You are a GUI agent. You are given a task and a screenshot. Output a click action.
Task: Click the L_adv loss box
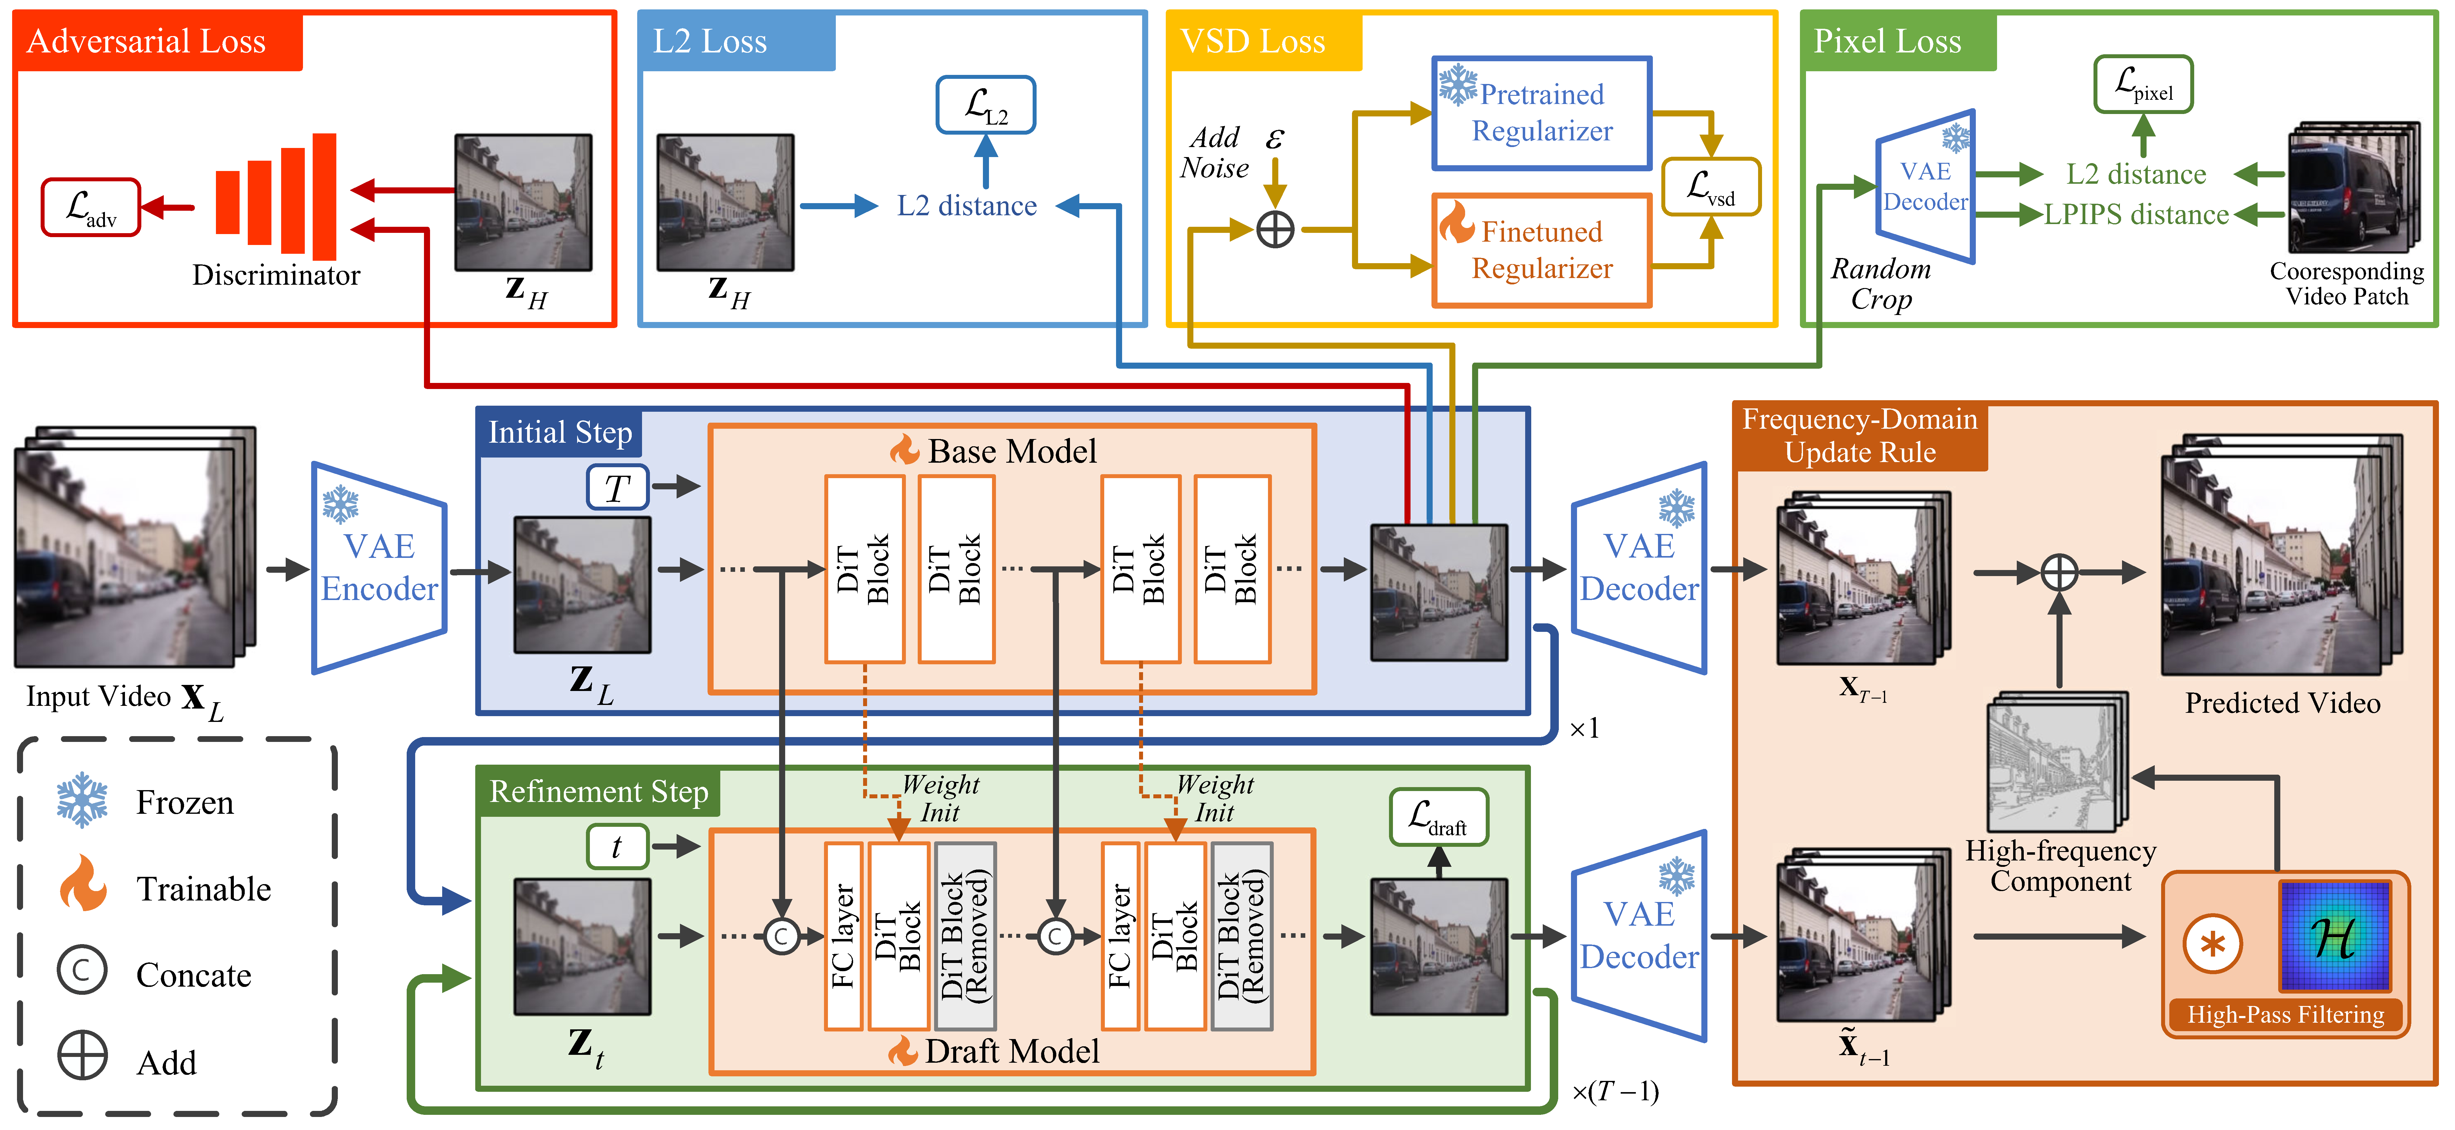91,207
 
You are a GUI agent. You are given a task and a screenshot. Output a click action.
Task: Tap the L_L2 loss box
985,105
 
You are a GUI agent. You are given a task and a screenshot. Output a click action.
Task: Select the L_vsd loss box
1711,187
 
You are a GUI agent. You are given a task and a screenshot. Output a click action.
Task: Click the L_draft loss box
1438,816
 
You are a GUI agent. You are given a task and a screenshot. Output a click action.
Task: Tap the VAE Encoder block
379,568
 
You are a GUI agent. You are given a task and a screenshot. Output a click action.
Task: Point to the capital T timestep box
617,488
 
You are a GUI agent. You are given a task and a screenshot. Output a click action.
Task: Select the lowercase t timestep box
617,846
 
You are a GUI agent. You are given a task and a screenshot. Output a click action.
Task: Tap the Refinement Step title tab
598,792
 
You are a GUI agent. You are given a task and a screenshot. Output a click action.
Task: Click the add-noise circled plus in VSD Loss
1275,230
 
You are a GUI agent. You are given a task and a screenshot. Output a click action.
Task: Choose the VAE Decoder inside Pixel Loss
1925,187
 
